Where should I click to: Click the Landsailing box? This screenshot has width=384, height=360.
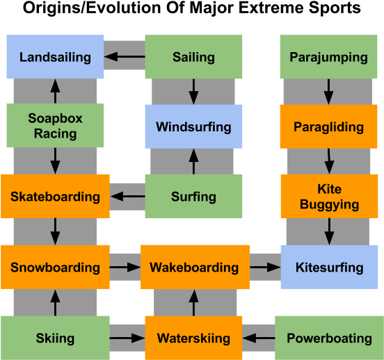(x=55, y=57)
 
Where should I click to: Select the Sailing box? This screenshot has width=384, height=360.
(x=193, y=57)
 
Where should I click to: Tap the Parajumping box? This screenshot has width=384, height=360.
(x=328, y=57)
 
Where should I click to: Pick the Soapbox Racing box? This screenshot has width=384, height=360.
(x=55, y=126)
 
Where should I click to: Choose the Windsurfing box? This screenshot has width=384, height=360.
(x=193, y=126)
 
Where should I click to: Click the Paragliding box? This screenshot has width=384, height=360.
(x=328, y=126)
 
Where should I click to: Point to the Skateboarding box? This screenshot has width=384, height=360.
(x=55, y=197)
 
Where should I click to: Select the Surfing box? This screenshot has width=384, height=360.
(x=193, y=197)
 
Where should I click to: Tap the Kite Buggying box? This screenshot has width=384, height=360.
(x=328, y=197)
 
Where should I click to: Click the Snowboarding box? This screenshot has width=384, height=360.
(x=55, y=268)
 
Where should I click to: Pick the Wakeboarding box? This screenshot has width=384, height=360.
(x=194, y=268)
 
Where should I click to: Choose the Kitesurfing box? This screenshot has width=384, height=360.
(x=329, y=268)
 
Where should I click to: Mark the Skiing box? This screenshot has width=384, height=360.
(x=55, y=338)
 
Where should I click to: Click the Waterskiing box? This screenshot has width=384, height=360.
(x=193, y=338)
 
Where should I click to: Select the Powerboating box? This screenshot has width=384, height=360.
(x=329, y=338)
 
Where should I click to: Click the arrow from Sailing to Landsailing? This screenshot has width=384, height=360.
(x=125, y=57)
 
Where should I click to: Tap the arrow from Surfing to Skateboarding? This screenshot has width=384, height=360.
(x=127, y=197)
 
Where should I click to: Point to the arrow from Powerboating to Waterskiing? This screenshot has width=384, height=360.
(x=259, y=338)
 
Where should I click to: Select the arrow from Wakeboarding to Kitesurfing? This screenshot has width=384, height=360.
(x=264, y=268)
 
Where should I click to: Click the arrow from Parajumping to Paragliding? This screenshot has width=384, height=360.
(x=328, y=92)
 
